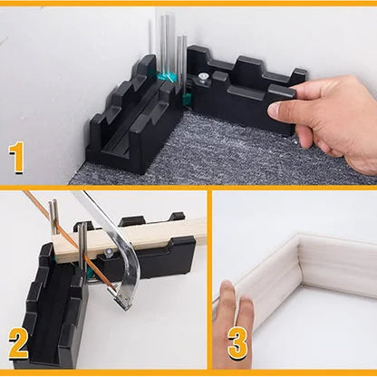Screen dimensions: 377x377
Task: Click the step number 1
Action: pyautogui.click(x=17, y=158)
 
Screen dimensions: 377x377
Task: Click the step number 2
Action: pyautogui.click(x=18, y=345)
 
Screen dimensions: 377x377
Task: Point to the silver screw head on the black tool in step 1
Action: pyautogui.click(x=206, y=80)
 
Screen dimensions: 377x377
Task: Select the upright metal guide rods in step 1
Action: pyautogui.click(x=168, y=45)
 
